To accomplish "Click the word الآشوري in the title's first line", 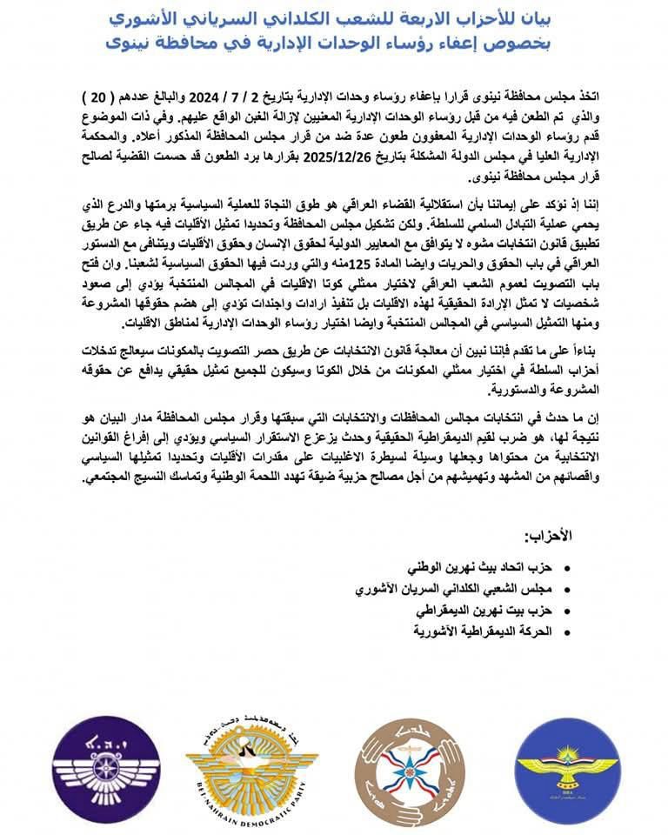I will click(143, 17).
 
